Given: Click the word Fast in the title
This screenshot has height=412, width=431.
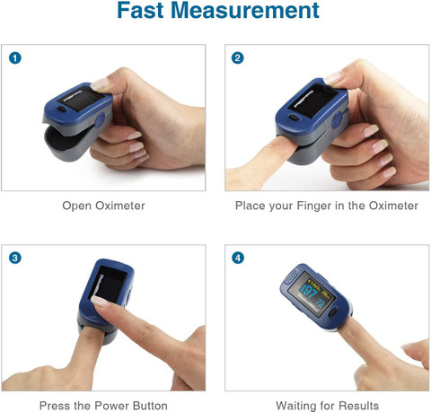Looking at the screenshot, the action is pyautogui.click(x=141, y=11).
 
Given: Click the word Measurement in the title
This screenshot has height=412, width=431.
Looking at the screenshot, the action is pyautogui.click(x=245, y=11).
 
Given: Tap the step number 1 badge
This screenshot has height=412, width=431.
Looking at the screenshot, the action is pyautogui.click(x=15, y=57).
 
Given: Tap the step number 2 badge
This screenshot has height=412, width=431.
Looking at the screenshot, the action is pyautogui.click(x=238, y=57).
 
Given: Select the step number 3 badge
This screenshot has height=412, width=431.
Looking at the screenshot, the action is pyautogui.click(x=15, y=258).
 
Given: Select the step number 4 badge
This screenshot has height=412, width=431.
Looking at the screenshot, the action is pyautogui.click(x=238, y=258).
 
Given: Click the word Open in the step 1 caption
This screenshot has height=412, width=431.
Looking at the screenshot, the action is pyautogui.click(x=77, y=206).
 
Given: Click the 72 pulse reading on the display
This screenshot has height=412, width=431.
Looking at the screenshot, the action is pyautogui.click(x=320, y=303).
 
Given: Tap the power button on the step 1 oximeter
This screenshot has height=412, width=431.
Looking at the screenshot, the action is pyautogui.click(x=62, y=109).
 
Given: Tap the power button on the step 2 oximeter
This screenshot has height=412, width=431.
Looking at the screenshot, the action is pyautogui.click(x=294, y=118).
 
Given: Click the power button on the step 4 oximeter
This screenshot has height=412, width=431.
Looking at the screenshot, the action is pyautogui.click(x=333, y=312).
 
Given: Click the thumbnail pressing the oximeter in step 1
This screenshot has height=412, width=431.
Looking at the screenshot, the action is pyautogui.click(x=101, y=84).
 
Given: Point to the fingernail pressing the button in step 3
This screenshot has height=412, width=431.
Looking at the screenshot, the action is pyautogui.click(x=99, y=301).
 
